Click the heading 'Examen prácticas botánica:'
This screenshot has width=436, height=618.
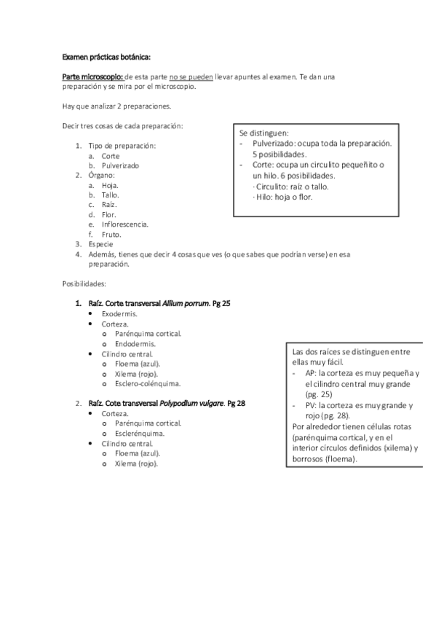(107, 57)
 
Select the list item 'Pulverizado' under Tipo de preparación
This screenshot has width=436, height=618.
(120, 165)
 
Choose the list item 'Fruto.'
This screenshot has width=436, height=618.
(111, 235)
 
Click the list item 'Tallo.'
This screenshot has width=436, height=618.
(111, 195)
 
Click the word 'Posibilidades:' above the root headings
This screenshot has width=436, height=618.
(84, 281)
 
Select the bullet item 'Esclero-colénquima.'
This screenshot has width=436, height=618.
(148, 383)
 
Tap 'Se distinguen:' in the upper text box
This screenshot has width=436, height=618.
(263, 134)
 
